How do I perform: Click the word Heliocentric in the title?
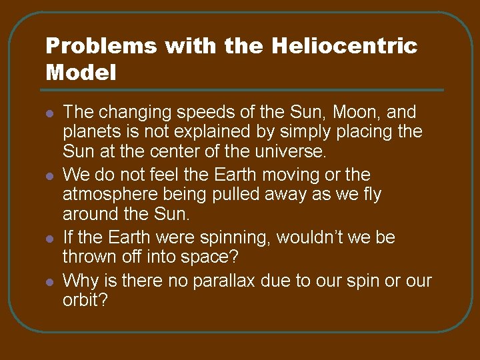click(x=345, y=46)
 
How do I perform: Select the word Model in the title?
click(x=81, y=72)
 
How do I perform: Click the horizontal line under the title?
click(x=244, y=90)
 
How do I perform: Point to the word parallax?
click(x=224, y=281)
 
